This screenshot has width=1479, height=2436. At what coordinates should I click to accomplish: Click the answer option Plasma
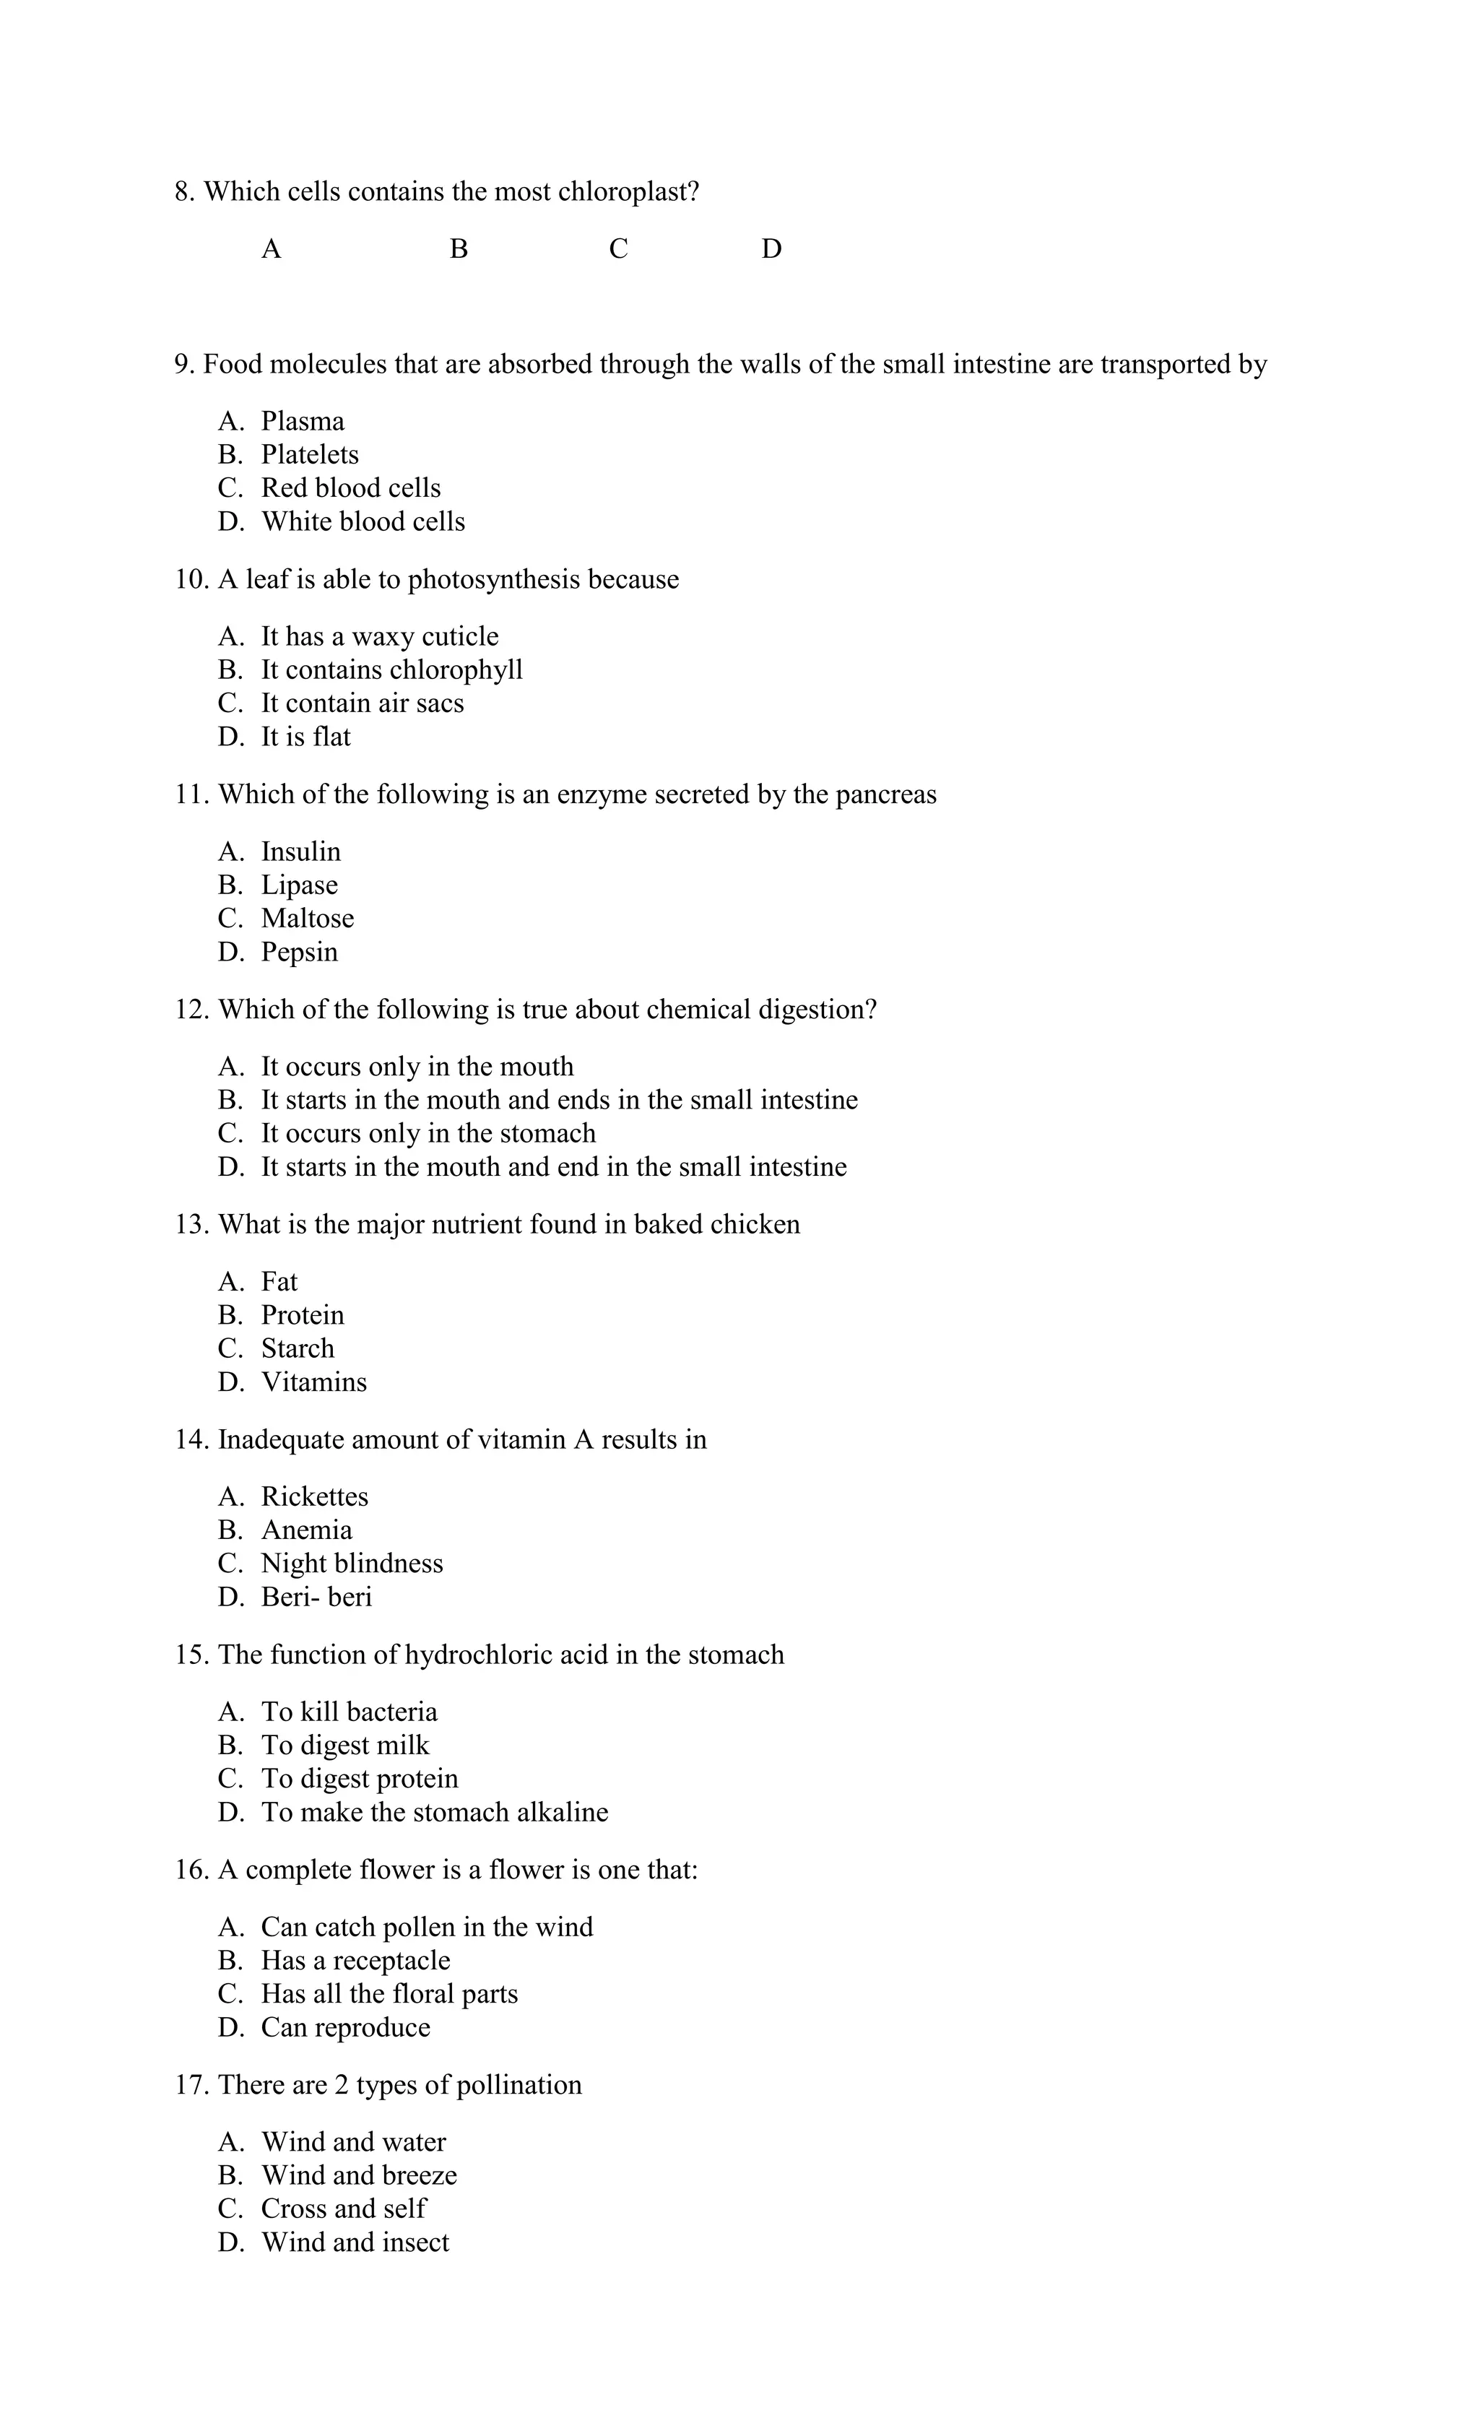tap(302, 421)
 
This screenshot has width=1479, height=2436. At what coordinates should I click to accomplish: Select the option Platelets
tap(309, 455)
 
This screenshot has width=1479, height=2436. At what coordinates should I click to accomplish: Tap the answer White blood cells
tap(363, 522)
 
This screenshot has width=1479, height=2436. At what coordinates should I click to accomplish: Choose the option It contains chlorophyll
tap(391, 670)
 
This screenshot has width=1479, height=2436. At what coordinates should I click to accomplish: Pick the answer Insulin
tap(300, 852)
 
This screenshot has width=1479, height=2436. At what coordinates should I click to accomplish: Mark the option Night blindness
tap(351, 1564)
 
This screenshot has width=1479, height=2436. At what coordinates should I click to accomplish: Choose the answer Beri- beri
tap(316, 1598)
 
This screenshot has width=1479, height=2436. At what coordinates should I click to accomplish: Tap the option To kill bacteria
tap(349, 1712)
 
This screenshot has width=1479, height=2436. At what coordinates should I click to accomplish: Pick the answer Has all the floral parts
tap(389, 1994)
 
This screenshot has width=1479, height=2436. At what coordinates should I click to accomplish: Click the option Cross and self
tap(343, 2209)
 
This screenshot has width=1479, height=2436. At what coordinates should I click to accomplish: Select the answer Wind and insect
tap(355, 2242)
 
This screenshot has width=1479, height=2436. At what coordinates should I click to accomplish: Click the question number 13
tap(191, 1225)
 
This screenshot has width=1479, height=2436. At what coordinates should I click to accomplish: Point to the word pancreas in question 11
tap(885, 795)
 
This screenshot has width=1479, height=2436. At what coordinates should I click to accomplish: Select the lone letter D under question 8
tap(771, 249)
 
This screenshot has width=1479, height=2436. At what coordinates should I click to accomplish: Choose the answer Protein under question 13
tap(303, 1316)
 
